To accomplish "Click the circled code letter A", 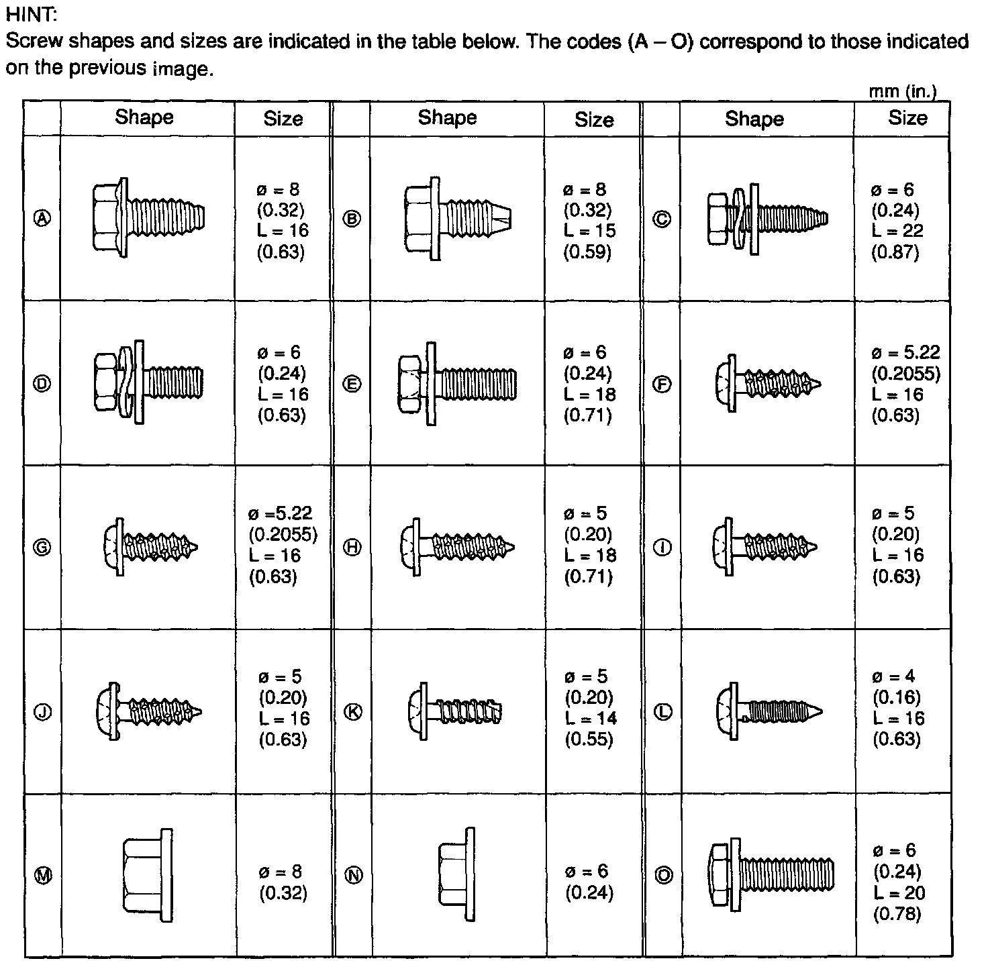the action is click(x=42, y=218).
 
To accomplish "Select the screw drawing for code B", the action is click(x=457, y=218).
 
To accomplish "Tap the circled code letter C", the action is click(x=662, y=219).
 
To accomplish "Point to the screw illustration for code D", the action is click(x=148, y=382).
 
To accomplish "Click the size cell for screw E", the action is click(x=589, y=383).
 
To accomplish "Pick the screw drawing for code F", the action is click(x=767, y=384).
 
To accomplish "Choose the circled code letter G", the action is click(x=42, y=548).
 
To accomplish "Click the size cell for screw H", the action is click(x=589, y=545).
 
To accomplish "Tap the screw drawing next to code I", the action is click(x=764, y=546).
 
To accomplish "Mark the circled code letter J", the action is click(x=42, y=712).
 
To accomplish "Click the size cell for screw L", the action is click(x=898, y=708).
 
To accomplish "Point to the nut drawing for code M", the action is click(x=148, y=875).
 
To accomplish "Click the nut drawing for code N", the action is click(x=456, y=874).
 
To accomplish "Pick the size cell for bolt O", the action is click(x=899, y=881).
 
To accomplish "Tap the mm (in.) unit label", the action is click(x=903, y=92).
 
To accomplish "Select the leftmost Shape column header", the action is click(x=144, y=117).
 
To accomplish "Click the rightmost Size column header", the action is click(x=907, y=118).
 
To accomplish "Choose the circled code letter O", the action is click(x=663, y=875).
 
